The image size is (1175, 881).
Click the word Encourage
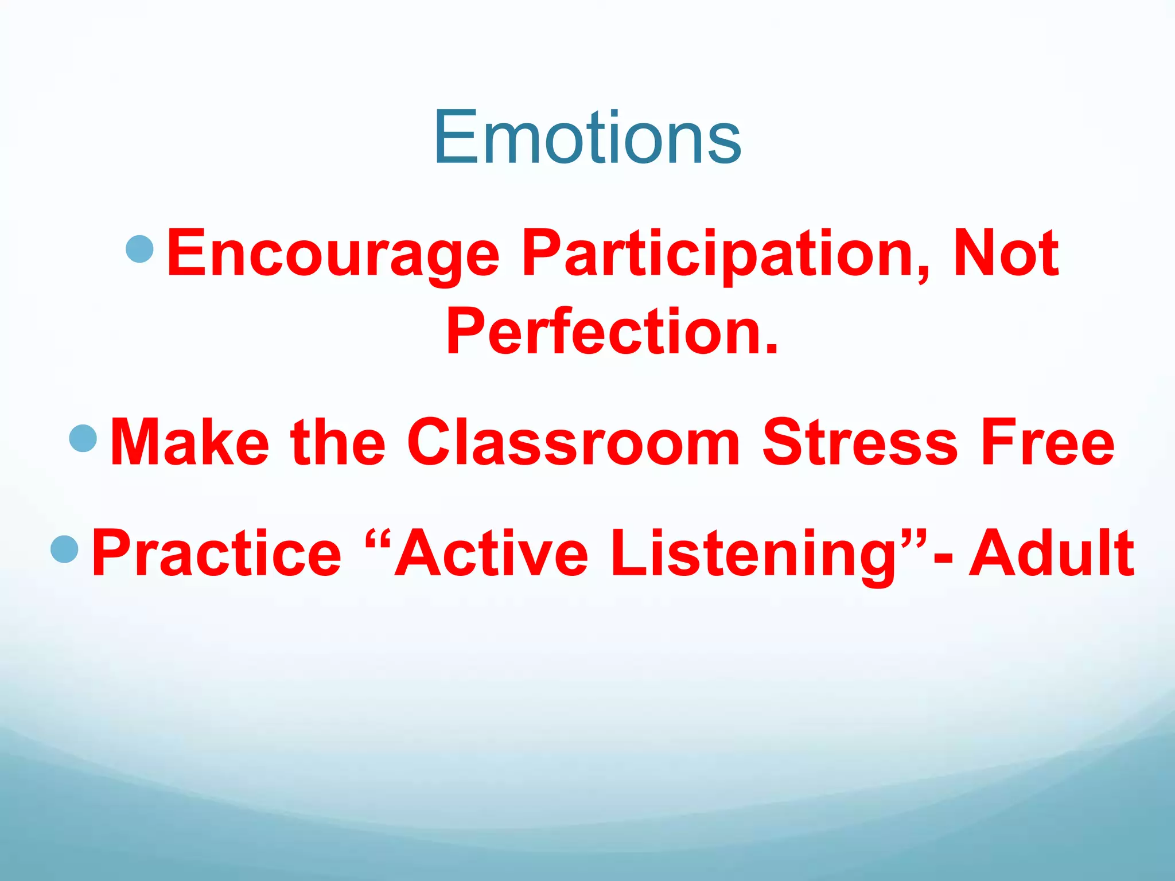[333, 254]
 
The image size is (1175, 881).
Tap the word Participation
[717, 254]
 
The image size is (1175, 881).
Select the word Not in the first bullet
[1005, 253]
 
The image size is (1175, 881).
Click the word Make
[190, 442]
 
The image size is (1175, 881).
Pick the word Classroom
[574, 442]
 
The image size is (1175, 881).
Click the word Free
[1048, 442]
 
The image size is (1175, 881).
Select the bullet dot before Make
[83, 438]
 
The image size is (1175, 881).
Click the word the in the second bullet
[338, 442]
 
